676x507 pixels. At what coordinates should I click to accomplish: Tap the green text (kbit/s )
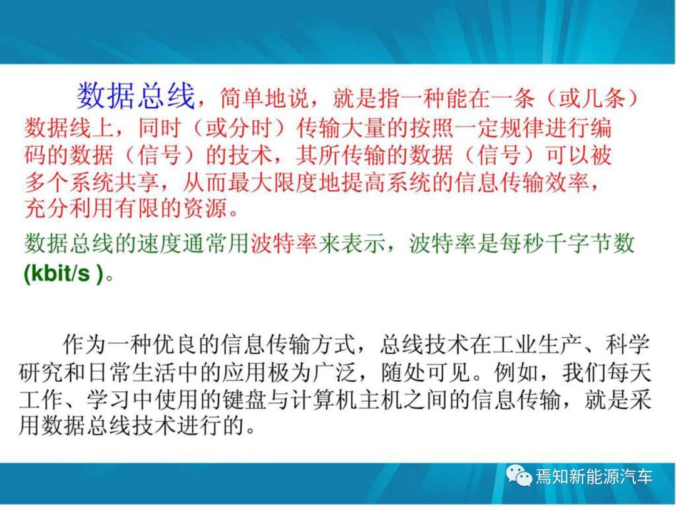point(64,273)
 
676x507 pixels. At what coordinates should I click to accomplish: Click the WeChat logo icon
point(519,476)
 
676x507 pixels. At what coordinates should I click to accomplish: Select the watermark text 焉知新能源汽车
point(594,476)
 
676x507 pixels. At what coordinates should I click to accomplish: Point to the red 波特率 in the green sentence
point(284,243)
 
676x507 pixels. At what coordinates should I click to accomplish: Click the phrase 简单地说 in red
point(264,98)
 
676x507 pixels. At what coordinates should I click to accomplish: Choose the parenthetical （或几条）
point(591,98)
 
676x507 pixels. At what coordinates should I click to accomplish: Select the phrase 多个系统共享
point(91,182)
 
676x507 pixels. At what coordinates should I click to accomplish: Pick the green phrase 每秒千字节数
point(567,243)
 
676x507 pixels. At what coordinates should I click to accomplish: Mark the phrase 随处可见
point(425,371)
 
